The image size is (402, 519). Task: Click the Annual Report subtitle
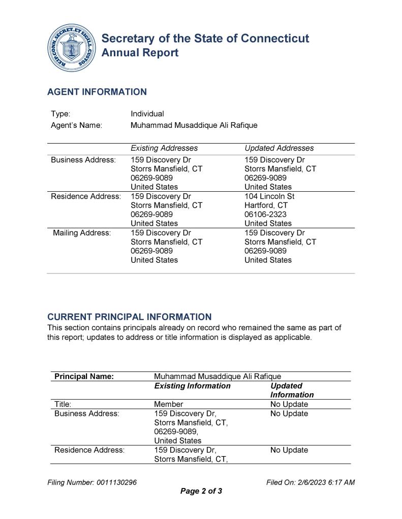pyautogui.click(x=140, y=53)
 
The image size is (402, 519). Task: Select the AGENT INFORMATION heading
pyautogui.click(x=97, y=92)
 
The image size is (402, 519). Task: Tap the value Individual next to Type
pyautogui.click(x=147, y=114)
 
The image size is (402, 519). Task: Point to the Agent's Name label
pyautogui.click(x=76, y=125)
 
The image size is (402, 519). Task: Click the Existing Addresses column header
pyautogui.click(x=164, y=148)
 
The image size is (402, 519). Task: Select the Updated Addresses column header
pyautogui.click(x=279, y=148)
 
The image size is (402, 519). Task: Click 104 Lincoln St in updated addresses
pyautogui.click(x=269, y=196)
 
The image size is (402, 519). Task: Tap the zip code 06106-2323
pyautogui.click(x=265, y=214)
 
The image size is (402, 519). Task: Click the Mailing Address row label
pyautogui.click(x=82, y=233)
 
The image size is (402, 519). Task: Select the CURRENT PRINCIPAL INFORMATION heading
pyautogui.click(x=129, y=317)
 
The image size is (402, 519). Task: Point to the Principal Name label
pyautogui.click(x=84, y=376)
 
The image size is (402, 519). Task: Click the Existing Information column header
pyautogui.click(x=192, y=386)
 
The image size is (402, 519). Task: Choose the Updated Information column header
pyautogui.click(x=292, y=390)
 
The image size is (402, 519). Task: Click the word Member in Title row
pyautogui.click(x=168, y=404)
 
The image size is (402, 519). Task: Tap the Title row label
pyautogui.click(x=63, y=404)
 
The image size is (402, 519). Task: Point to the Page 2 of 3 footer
pyautogui.click(x=201, y=491)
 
